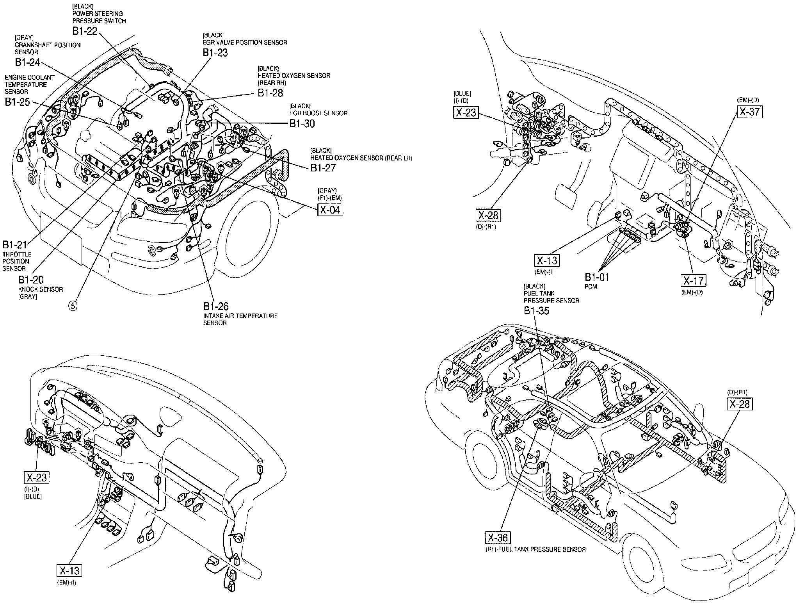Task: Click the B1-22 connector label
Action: (x=84, y=31)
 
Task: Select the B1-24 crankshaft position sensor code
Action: (x=27, y=63)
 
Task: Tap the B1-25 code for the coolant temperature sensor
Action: (x=17, y=102)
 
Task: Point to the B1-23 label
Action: (x=215, y=53)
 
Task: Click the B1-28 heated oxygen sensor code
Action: (x=270, y=93)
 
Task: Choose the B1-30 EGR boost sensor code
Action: (x=302, y=123)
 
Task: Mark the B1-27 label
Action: (x=323, y=168)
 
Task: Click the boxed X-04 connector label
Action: (x=330, y=210)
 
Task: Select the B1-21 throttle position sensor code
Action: (x=15, y=245)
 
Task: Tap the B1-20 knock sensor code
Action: (x=31, y=280)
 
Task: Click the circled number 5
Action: (x=73, y=306)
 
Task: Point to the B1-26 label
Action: (x=215, y=306)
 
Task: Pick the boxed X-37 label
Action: (x=749, y=112)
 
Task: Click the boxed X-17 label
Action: (x=694, y=281)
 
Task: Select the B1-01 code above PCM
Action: (x=596, y=277)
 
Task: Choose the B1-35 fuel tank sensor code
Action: (x=536, y=311)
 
